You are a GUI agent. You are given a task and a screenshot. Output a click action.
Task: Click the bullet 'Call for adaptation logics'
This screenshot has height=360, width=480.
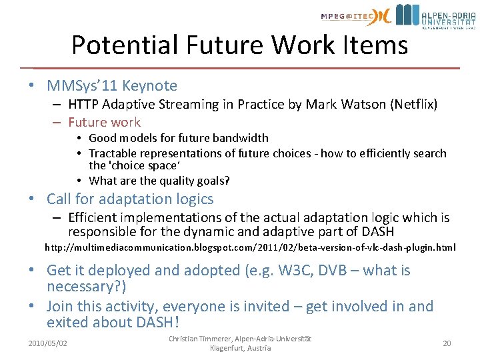pyautogui.click(x=130, y=199)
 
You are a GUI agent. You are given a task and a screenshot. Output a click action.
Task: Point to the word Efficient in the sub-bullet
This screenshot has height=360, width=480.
pyautogui.click(x=93, y=217)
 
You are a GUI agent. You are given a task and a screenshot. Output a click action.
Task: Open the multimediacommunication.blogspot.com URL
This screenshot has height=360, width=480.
pyautogui.click(x=250, y=247)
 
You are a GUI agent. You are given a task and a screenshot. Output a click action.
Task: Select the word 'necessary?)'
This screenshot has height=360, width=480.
pyautogui.click(x=87, y=287)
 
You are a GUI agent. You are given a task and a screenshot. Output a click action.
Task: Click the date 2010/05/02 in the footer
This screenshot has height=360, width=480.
pyautogui.click(x=47, y=343)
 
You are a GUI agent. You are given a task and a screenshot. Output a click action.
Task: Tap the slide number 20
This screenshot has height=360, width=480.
pyautogui.click(x=447, y=343)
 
